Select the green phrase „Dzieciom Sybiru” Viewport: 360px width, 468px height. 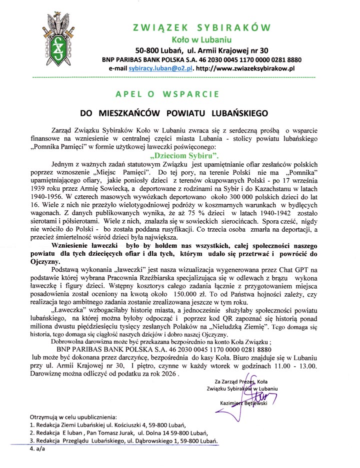coord(177,155)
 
